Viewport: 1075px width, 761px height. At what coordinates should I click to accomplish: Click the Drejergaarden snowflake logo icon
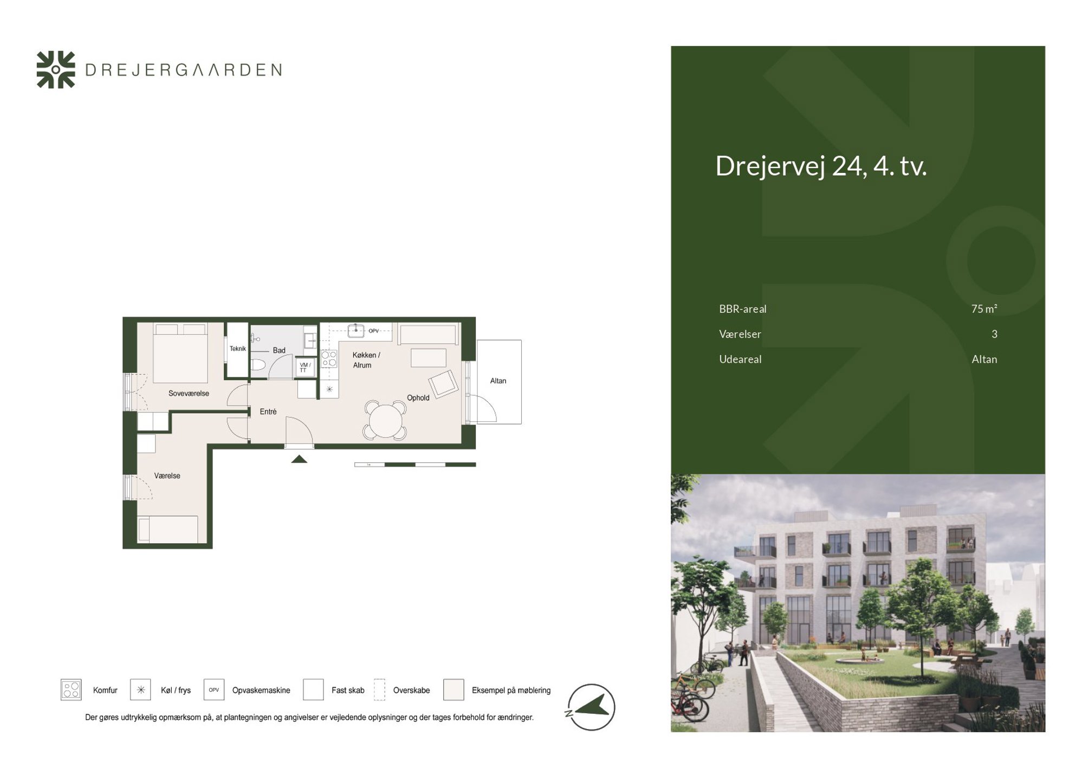pyautogui.click(x=56, y=69)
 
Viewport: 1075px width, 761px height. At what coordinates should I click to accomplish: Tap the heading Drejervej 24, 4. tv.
pyautogui.click(x=821, y=166)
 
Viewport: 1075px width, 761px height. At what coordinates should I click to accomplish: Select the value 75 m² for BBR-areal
pyautogui.click(x=984, y=308)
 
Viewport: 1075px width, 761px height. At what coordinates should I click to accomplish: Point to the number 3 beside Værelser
pyautogui.click(x=994, y=334)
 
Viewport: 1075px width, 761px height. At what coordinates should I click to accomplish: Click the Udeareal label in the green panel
pyautogui.click(x=740, y=359)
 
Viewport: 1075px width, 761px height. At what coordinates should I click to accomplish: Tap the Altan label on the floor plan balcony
pyautogui.click(x=498, y=380)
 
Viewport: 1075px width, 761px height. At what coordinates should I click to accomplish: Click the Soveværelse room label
pyautogui.click(x=189, y=393)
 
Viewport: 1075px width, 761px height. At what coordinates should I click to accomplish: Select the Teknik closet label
pyautogui.click(x=238, y=349)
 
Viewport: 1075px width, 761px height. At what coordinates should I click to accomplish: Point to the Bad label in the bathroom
pyautogui.click(x=279, y=350)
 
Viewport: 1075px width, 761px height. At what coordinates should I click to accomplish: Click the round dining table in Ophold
pyautogui.click(x=386, y=420)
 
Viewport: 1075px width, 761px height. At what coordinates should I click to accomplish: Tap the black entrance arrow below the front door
pyautogui.click(x=299, y=459)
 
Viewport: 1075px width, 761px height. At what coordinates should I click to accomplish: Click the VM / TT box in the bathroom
pyautogui.click(x=305, y=367)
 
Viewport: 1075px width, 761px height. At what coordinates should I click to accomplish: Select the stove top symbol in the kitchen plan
pyautogui.click(x=329, y=359)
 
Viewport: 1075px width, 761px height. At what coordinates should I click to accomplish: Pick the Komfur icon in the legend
pyautogui.click(x=71, y=689)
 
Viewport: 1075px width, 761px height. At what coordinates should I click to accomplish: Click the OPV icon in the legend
pyautogui.click(x=214, y=689)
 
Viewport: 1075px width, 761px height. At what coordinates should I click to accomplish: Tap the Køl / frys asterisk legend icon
pyautogui.click(x=140, y=689)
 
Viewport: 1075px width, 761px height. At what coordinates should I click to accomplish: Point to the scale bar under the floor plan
pyautogui.click(x=415, y=465)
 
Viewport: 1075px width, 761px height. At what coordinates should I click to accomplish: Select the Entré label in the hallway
pyautogui.click(x=268, y=411)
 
